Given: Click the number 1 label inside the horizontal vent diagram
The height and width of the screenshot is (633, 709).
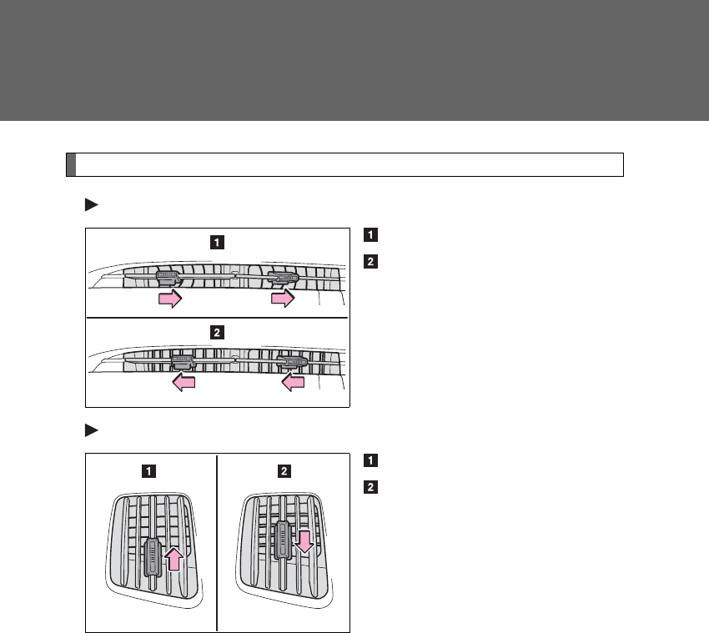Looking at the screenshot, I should pyautogui.click(x=216, y=244).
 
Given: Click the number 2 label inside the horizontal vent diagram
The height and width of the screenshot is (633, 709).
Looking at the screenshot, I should pyautogui.click(x=216, y=332).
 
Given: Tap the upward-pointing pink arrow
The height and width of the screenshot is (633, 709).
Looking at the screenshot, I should pyautogui.click(x=173, y=558).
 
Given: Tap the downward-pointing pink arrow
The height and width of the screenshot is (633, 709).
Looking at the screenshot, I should pyautogui.click(x=304, y=541).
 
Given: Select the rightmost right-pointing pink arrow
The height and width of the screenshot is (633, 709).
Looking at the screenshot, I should pyautogui.click(x=283, y=299).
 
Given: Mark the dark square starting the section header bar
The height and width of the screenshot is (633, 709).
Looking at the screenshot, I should pyautogui.click(x=71, y=164).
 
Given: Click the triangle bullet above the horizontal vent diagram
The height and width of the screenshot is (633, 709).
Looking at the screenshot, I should pyautogui.click(x=91, y=204).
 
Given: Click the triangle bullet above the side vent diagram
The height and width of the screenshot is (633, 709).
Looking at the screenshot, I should pyautogui.click(x=91, y=430).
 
